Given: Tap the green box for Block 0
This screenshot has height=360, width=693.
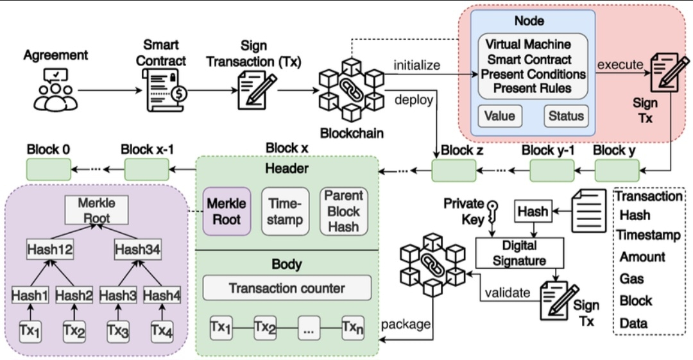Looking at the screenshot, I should pyautogui.click(x=49, y=169).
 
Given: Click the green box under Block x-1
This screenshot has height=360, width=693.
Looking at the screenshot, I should pyautogui.click(x=146, y=169).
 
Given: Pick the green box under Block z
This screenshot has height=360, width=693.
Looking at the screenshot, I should pyautogui.click(x=454, y=171).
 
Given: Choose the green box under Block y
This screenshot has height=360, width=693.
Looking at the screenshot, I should pyautogui.click(x=617, y=170).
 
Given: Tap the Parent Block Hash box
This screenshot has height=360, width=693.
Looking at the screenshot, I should pyautogui.click(x=344, y=211).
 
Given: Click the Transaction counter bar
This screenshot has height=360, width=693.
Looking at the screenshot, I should pyautogui.click(x=287, y=288).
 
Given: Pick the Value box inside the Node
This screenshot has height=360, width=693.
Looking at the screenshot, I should pyautogui.click(x=499, y=116).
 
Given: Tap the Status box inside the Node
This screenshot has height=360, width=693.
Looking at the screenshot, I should pyautogui.click(x=566, y=116).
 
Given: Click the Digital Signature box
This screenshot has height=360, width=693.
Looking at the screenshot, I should pyautogui.click(x=520, y=252).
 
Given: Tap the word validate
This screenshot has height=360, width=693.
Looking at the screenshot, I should pyautogui.click(x=508, y=293).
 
